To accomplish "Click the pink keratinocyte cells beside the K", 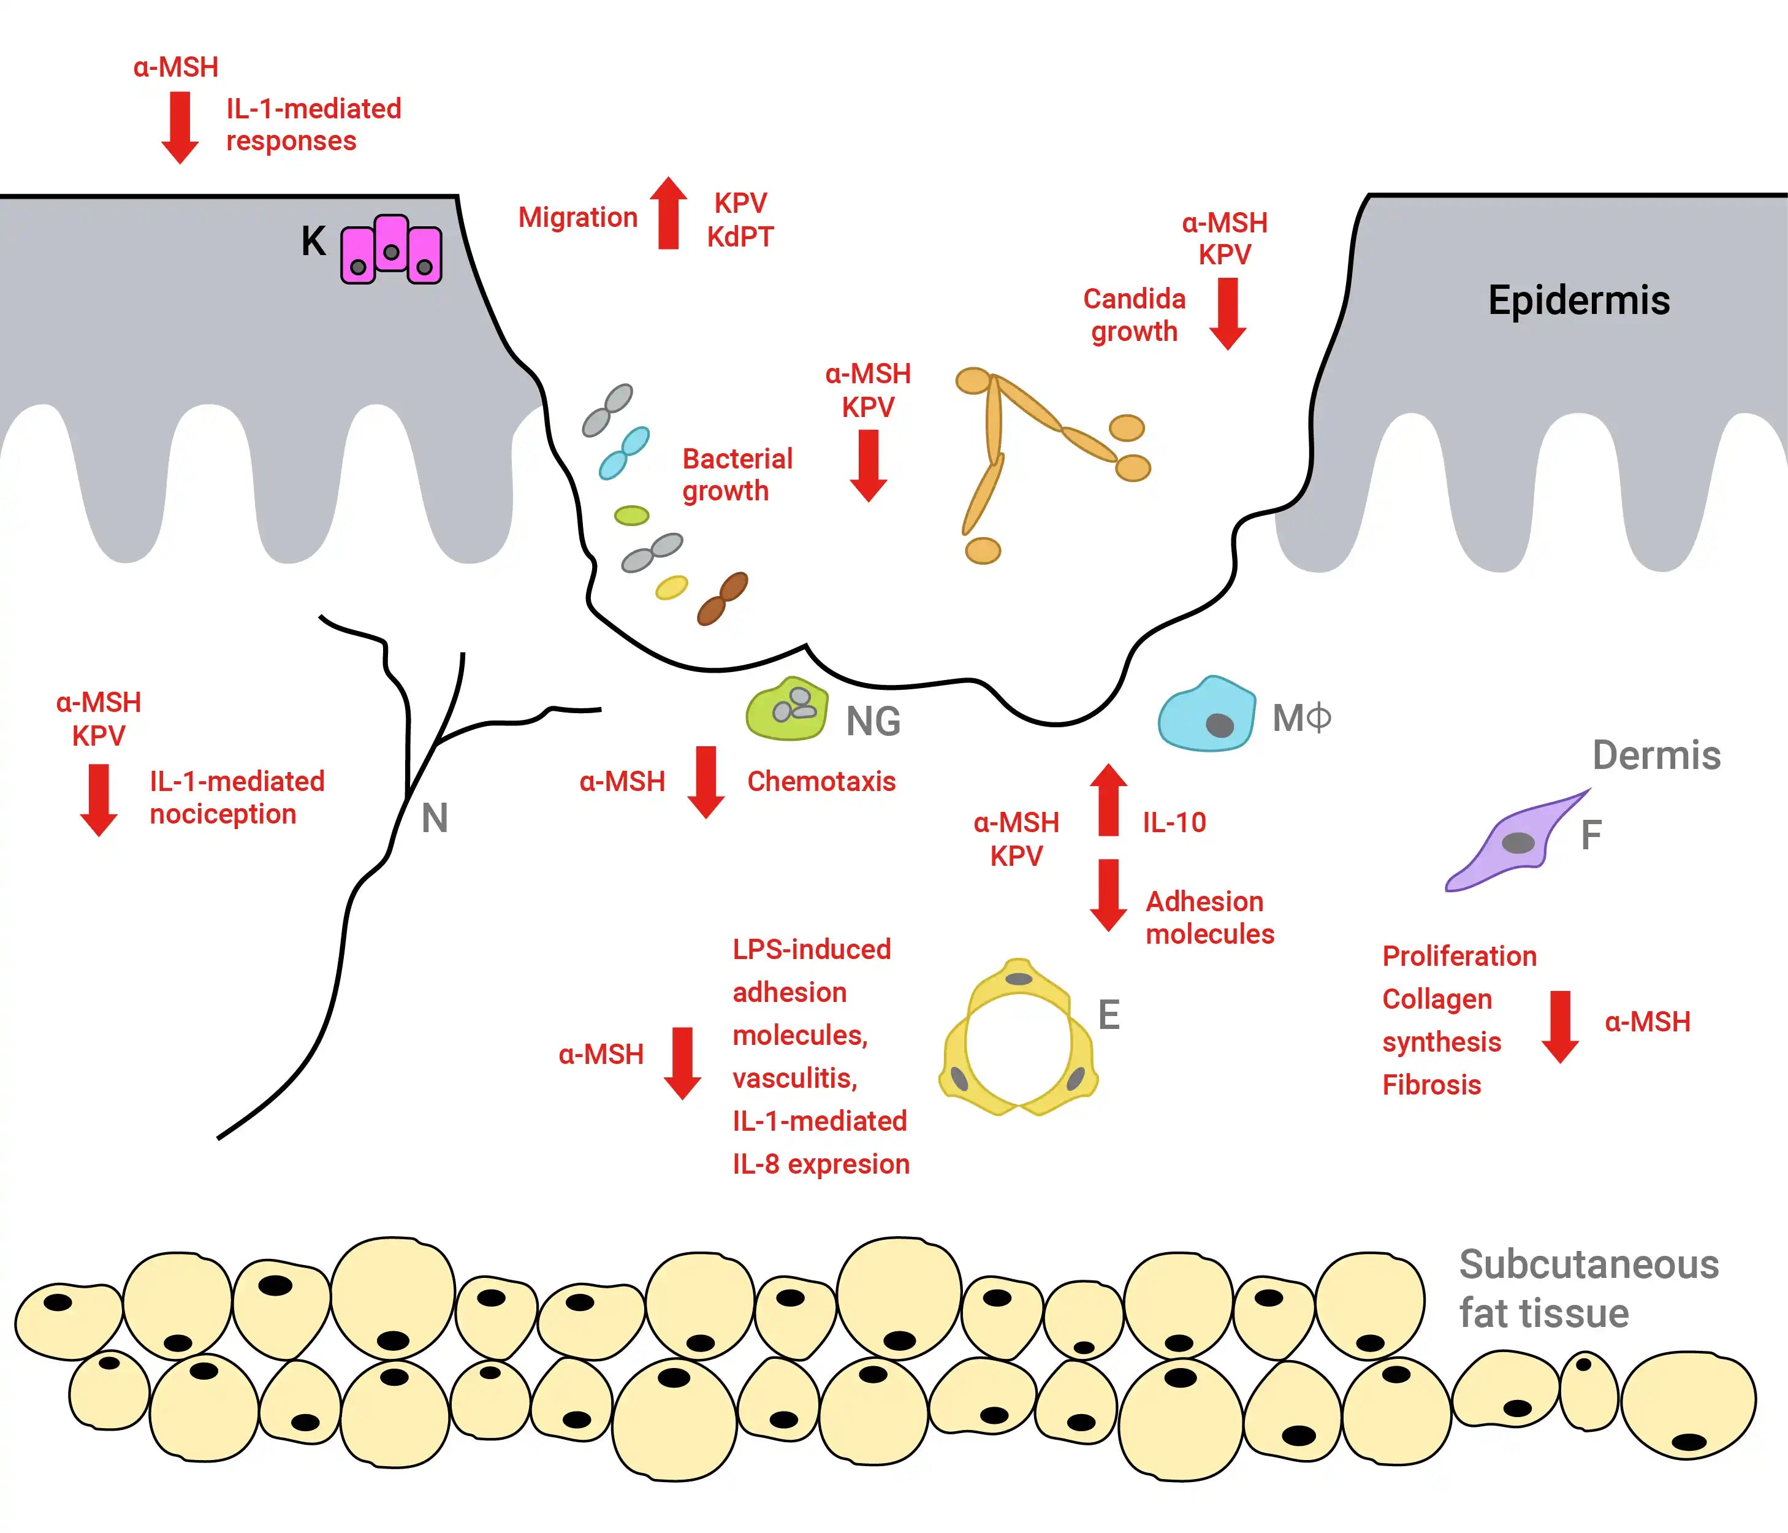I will pyautogui.click(x=391, y=250).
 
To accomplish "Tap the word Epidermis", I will pyautogui.click(x=1578, y=300).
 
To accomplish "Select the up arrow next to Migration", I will pyautogui.click(x=668, y=213).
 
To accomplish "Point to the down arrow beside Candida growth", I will pyautogui.click(x=1227, y=313).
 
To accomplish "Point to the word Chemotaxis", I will pyautogui.click(x=821, y=781).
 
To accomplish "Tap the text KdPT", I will pyautogui.click(x=740, y=237).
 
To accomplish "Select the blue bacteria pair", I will pyautogui.click(x=624, y=453).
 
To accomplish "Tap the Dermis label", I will pyautogui.click(x=1656, y=755).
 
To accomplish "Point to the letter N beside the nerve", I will pyautogui.click(x=434, y=818).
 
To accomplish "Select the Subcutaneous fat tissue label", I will pyautogui.click(x=1588, y=1288).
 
